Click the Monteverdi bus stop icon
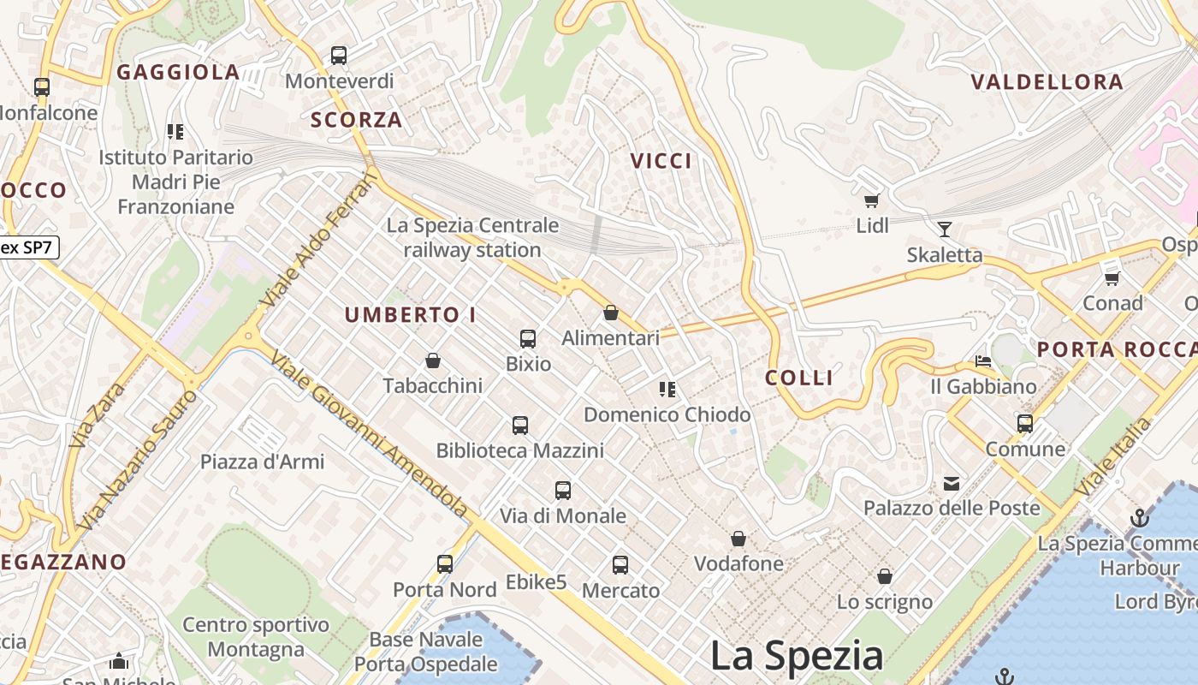(339, 56)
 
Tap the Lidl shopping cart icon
(872, 200)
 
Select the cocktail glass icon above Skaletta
(945, 229)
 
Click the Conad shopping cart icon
(1112, 278)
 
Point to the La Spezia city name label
(797, 656)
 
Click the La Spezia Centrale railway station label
(472, 237)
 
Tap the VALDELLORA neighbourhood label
(1047, 82)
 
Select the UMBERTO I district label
(411, 315)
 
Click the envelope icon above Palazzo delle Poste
(952, 484)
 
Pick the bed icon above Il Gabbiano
(983, 361)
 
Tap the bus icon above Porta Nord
(445, 563)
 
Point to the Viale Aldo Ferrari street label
(319, 241)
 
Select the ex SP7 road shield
(28, 248)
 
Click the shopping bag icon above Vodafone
(738, 539)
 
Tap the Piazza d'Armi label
(262, 462)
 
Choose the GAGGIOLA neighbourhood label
(178, 73)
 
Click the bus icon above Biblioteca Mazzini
(519, 425)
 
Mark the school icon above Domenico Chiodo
(667, 390)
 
